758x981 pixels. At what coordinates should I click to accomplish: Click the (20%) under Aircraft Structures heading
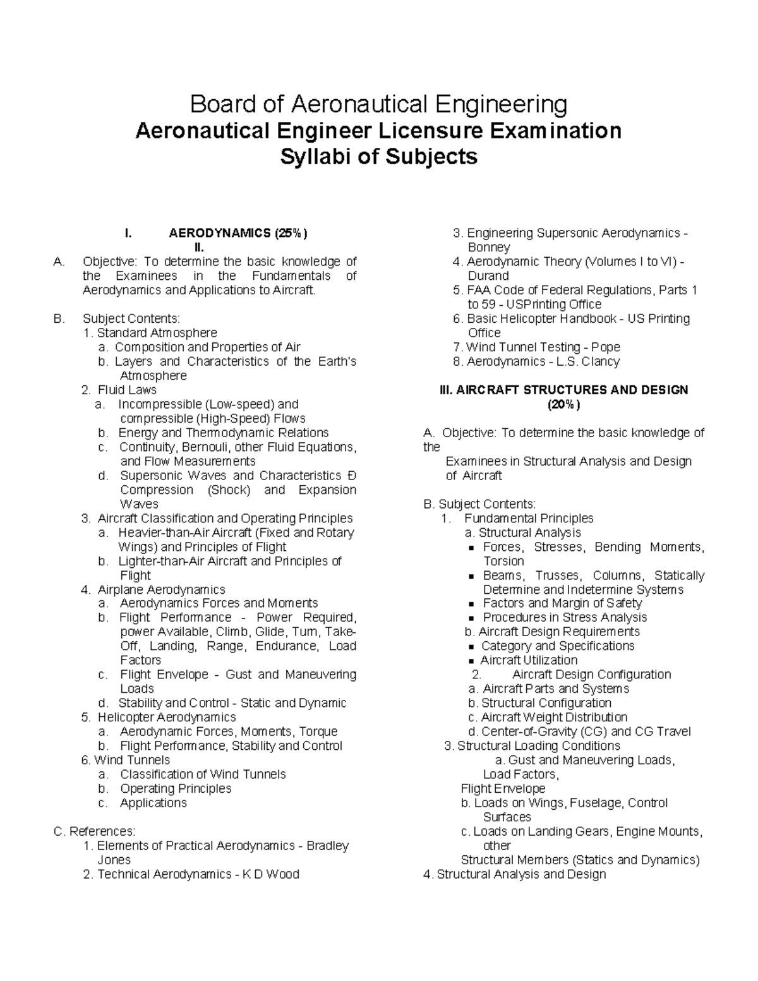pos(563,404)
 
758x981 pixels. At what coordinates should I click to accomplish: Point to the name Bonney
pos(489,248)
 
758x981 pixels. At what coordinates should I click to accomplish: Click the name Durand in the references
pos(488,276)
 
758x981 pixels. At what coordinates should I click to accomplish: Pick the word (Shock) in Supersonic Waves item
pos(229,490)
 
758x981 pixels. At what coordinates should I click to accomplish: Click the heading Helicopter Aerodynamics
pos(167,718)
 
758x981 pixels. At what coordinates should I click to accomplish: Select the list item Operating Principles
pos(176,788)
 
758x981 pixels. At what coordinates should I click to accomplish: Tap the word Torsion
pos(503,561)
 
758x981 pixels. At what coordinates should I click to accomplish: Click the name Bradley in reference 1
pos(327,846)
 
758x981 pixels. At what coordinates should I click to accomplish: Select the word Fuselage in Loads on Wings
pos(596,803)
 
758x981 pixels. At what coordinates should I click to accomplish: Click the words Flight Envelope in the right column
pos(503,788)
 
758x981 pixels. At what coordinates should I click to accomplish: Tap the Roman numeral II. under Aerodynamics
pos(200,247)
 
